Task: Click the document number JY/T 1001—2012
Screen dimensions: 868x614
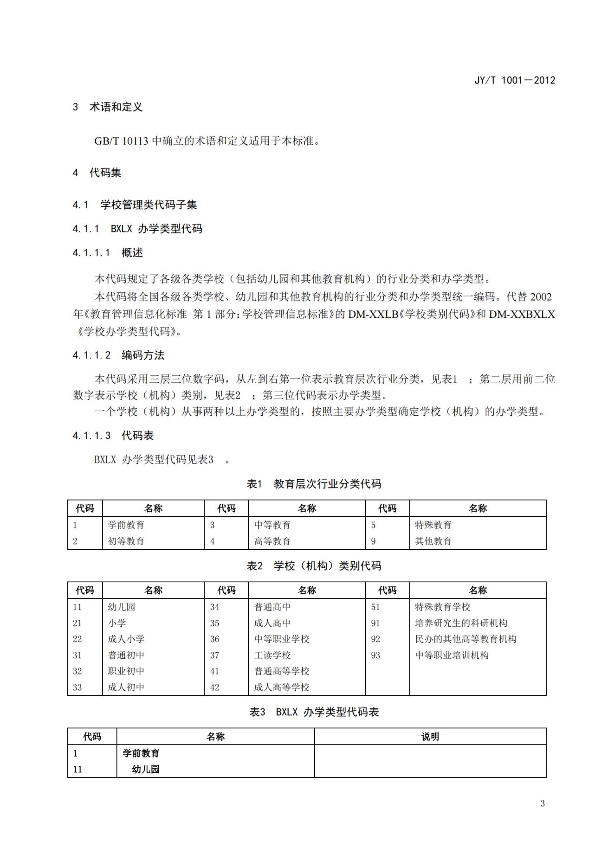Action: click(x=514, y=80)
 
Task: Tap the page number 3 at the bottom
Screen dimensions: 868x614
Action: click(x=543, y=804)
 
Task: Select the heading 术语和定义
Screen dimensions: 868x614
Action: click(x=116, y=107)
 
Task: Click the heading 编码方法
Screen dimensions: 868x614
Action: click(x=143, y=355)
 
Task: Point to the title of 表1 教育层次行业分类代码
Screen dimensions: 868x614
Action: click(x=314, y=484)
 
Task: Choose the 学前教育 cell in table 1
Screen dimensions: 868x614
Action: click(x=126, y=525)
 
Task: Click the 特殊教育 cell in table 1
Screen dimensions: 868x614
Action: click(x=433, y=525)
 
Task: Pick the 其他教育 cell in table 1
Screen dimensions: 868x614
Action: click(x=433, y=541)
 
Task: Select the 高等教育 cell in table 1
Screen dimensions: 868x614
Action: click(x=272, y=541)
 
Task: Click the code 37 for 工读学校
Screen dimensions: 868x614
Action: click(x=214, y=655)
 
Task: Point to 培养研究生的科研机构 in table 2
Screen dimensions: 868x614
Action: click(x=461, y=623)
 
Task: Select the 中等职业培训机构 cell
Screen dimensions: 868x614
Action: click(x=452, y=655)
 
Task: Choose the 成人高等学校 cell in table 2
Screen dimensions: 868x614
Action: click(x=282, y=687)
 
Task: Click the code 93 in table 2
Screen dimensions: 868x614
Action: click(x=375, y=655)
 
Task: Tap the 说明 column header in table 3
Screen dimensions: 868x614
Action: click(x=430, y=737)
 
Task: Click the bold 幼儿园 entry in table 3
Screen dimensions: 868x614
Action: click(x=146, y=769)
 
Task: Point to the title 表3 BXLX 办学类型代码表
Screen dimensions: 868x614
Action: click(x=314, y=712)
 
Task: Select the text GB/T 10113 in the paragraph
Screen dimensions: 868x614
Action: click(x=121, y=141)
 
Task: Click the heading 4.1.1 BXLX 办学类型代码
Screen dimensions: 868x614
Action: click(x=137, y=229)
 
